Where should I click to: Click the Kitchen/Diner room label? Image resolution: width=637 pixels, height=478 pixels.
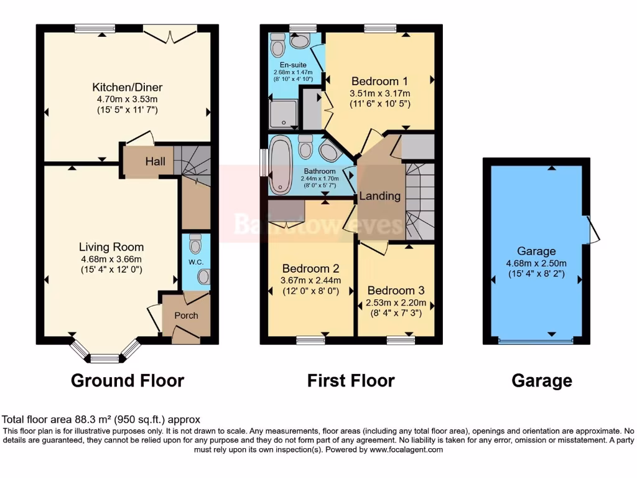(127, 87)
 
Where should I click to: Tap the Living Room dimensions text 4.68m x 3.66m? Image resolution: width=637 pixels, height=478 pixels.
(111, 260)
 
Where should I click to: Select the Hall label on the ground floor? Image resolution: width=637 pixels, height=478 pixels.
(156, 162)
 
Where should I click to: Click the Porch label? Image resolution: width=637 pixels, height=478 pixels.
(186, 316)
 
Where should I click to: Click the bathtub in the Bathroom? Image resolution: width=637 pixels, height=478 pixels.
(280, 163)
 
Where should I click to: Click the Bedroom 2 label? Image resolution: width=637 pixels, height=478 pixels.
(310, 269)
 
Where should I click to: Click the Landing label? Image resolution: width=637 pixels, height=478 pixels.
(380, 196)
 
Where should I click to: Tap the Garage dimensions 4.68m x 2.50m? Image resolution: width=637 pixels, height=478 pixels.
(536, 263)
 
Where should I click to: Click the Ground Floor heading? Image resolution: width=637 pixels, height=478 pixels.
(128, 380)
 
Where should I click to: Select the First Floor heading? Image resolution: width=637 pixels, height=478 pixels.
(351, 380)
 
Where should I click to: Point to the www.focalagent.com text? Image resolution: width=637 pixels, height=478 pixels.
(406, 449)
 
